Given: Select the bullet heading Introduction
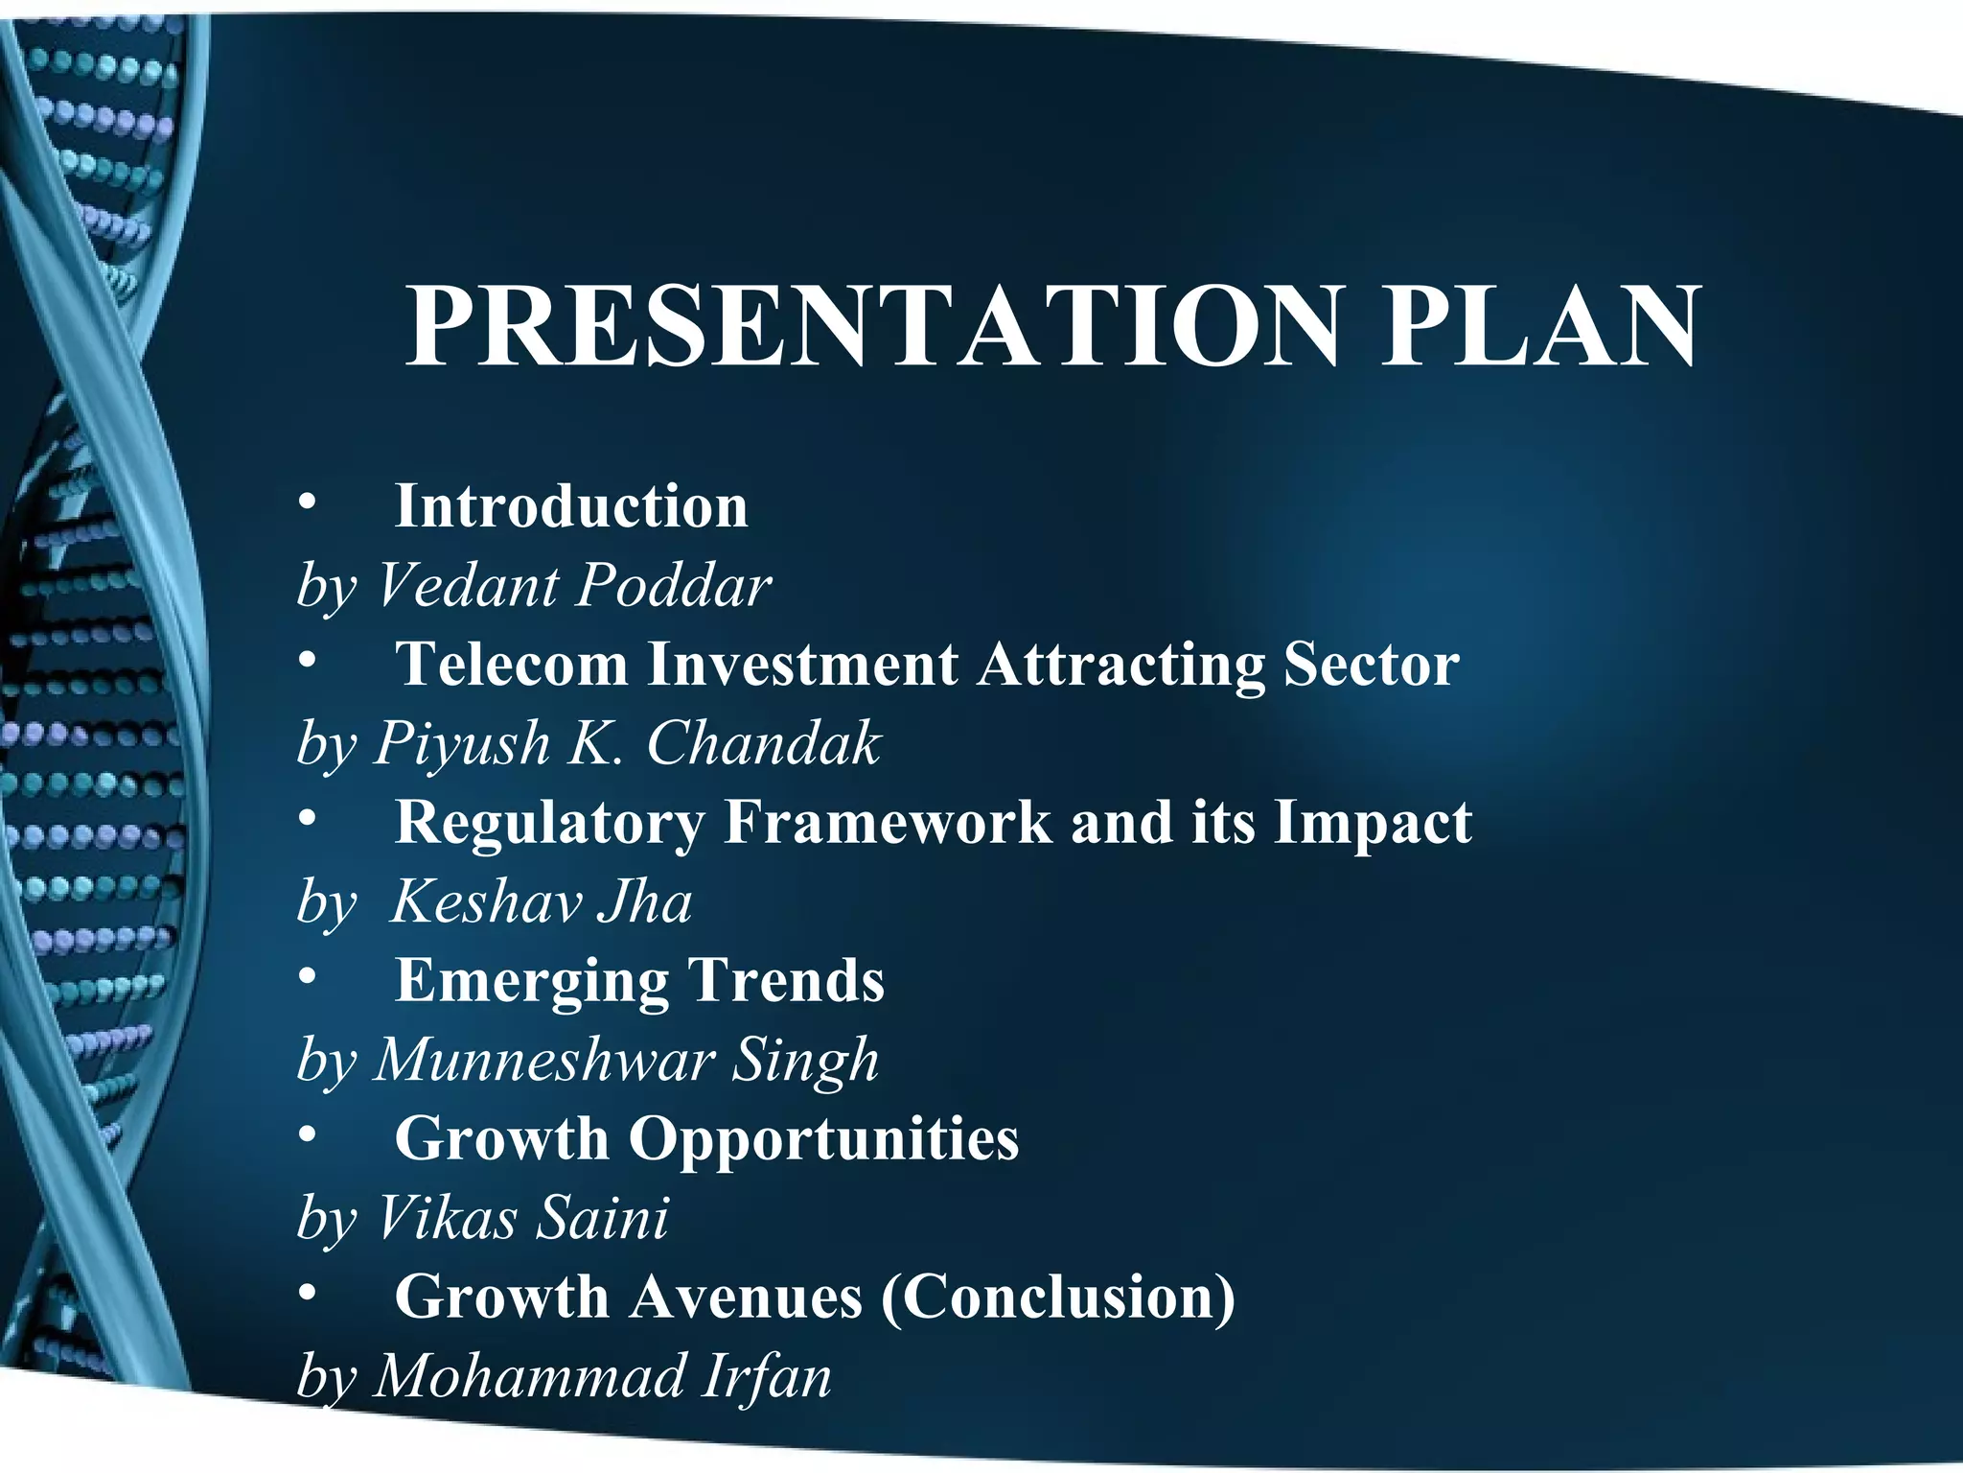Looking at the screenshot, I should tap(571, 506).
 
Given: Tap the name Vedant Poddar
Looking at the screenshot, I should tap(573, 585).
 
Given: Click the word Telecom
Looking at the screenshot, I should tap(512, 664).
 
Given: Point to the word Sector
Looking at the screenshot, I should tap(1371, 664).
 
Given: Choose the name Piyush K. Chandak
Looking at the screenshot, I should tap(627, 743).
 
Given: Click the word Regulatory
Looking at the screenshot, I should tap(549, 823).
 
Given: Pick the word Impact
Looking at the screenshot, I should tap(1372, 823).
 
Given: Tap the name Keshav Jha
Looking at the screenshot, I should tap(542, 902).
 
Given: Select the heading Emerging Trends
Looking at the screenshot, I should tap(639, 980).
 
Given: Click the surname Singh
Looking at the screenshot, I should tap(805, 1061).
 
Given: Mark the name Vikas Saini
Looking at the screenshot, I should tap(522, 1218).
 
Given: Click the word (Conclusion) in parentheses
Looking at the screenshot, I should tap(1058, 1297).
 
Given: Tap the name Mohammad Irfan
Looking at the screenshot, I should tap(602, 1376).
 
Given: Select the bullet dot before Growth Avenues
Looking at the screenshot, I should tap(306, 1294).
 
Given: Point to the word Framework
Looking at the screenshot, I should tap(888, 823).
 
